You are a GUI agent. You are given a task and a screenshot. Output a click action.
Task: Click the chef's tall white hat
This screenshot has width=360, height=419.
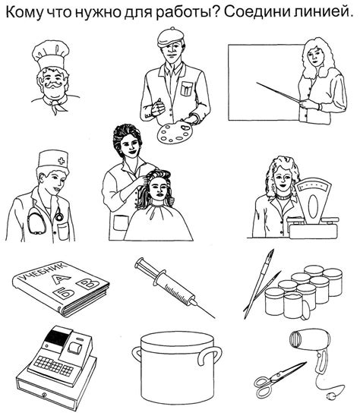pos(50,55)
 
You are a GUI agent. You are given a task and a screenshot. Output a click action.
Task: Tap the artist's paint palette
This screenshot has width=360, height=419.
pos(175,132)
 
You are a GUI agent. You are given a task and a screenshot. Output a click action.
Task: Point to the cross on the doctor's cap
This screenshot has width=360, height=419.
pos(62,161)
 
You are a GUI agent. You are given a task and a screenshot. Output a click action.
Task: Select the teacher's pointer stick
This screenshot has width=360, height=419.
pos(278,92)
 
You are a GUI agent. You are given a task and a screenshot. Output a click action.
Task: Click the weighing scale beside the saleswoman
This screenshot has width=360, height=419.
pos(311,209)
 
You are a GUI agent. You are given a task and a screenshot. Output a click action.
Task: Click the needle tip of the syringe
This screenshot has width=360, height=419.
pos(214,318)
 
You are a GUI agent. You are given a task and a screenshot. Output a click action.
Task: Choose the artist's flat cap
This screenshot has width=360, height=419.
pos(170,37)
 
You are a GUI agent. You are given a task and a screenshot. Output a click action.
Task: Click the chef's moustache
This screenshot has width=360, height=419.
pos(54,85)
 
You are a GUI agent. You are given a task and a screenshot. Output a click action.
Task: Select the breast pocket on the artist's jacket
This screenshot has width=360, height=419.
pos(186,89)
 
